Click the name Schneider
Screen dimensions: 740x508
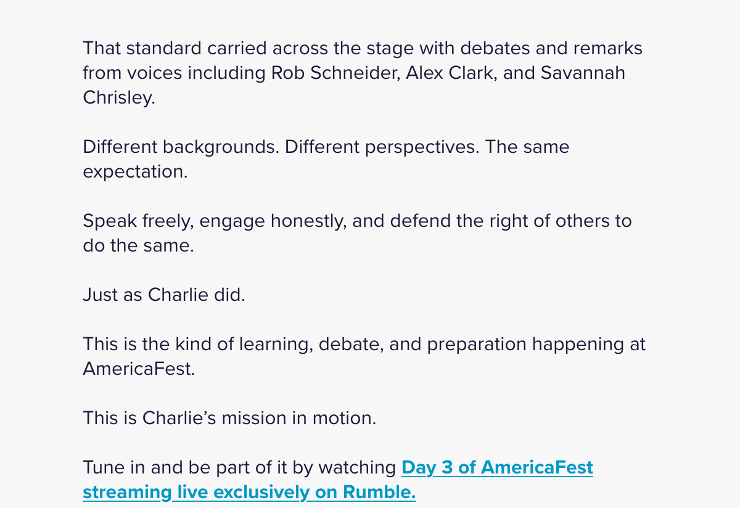click(x=355, y=73)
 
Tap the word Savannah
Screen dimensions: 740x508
click(x=583, y=73)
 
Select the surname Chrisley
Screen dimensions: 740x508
click(x=119, y=98)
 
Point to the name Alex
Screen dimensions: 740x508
click(x=424, y=73)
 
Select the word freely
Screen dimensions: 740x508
click(x=168, y=221)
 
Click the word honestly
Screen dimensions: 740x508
click(x=308, y=221)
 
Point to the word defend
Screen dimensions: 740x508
click(x=420, y=221)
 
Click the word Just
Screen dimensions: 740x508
click(x=101, y=295)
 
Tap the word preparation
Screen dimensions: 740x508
click(x=477, y=345)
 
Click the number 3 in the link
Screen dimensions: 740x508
click(x=447, y=467)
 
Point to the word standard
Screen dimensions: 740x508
click(x=164, y=48)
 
